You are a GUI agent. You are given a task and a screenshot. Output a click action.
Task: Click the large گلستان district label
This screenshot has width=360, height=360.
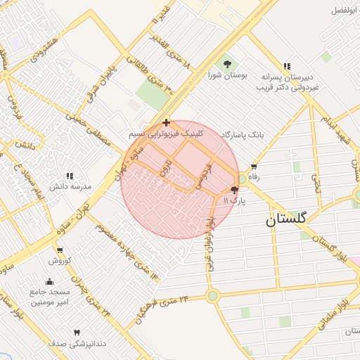point(286,219)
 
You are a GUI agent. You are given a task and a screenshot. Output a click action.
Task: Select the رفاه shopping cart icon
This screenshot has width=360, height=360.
point(254,167)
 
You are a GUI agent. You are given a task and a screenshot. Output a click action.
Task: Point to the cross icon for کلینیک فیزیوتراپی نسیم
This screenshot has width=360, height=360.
point(165,122)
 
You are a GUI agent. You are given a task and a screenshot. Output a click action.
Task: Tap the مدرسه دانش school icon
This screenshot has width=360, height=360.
point(70,176)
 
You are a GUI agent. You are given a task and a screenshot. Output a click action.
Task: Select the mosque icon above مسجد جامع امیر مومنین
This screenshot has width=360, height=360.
point(49,282)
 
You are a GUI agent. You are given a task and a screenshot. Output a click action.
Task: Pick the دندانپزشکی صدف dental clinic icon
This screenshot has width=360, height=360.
point(77,332)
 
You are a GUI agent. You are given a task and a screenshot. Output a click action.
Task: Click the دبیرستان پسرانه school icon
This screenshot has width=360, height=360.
point(286,65)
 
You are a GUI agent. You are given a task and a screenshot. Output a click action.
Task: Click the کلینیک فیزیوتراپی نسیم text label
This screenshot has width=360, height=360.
point(167,133)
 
